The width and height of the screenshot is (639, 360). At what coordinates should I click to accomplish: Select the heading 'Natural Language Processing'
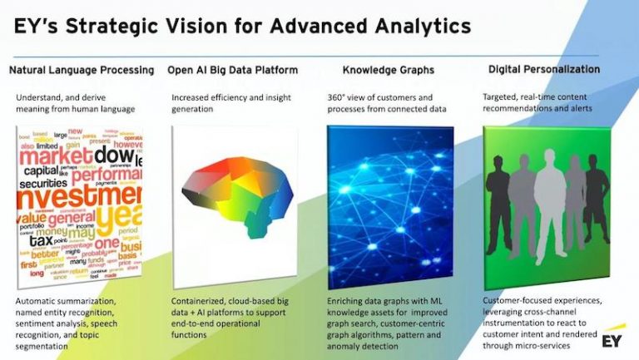(82, 70)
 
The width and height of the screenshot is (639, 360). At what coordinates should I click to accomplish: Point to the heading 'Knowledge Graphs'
(387, 70)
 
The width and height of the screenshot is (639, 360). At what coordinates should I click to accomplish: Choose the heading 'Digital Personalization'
(544, 69)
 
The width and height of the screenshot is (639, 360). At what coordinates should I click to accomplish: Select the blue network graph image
(389, 206)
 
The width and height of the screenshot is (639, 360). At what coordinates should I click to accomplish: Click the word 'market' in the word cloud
(54, 155)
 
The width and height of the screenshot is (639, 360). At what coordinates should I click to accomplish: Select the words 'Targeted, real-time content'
(537, 96)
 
